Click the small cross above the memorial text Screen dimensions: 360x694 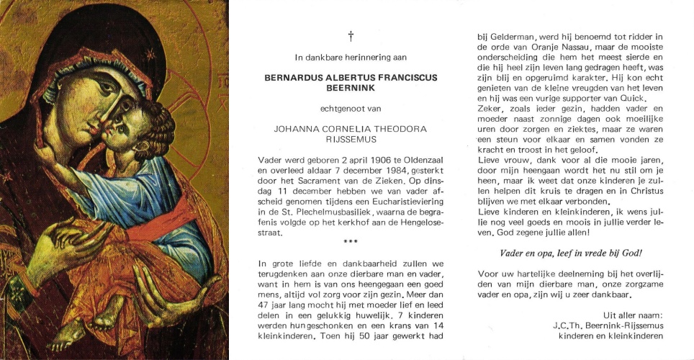(x=351, y=35)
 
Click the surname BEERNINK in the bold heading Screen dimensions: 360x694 (x=351, y=89)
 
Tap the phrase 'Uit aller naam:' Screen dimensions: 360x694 (x=632, y=315)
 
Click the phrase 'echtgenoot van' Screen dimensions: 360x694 (x=351, y=109)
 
